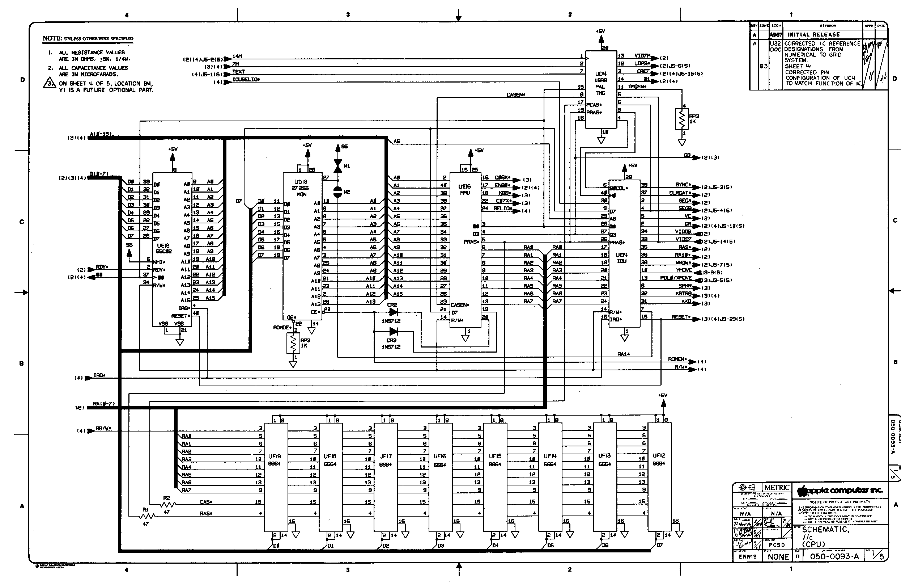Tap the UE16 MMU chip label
(x=464, y=189)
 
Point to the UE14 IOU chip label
(x=621, y=258)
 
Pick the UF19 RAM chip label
(x=275, y=460)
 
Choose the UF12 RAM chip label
(x=659, y=459)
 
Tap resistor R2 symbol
(x=168, y=505)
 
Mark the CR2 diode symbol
(x=393, y=312)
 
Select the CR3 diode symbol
(x=393, y=332)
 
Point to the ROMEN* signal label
(x=677, y=359)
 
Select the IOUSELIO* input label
(x=246, y=80)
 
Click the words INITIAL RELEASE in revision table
(x=813, y=34)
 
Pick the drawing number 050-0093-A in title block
(x=834, y=556)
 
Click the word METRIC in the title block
(x=777, y=488)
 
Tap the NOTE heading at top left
(x=52, y=38)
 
